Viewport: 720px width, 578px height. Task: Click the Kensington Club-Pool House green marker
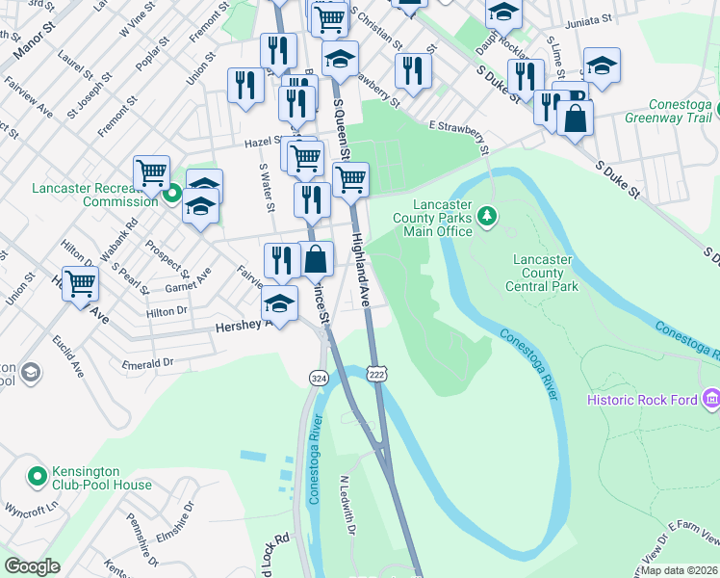pyautogui.click(x=38, y=476)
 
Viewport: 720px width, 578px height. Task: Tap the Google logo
pyautogui.click(x=32, y=566)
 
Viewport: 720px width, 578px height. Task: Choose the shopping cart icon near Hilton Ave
pyautogui.click(x=81, y=283)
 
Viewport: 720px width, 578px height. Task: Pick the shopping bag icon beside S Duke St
pyautogui.click(x=575, y=118)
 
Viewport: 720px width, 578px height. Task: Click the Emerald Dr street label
pyautogui.click(x=147, y=363)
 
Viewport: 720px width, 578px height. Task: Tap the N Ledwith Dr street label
pyautogui.click(x=348, y=506)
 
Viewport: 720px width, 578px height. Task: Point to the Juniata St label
pyautogui.click(x=589, y=19)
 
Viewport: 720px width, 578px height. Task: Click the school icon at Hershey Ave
pyautogui.click(x=279, y=303)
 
